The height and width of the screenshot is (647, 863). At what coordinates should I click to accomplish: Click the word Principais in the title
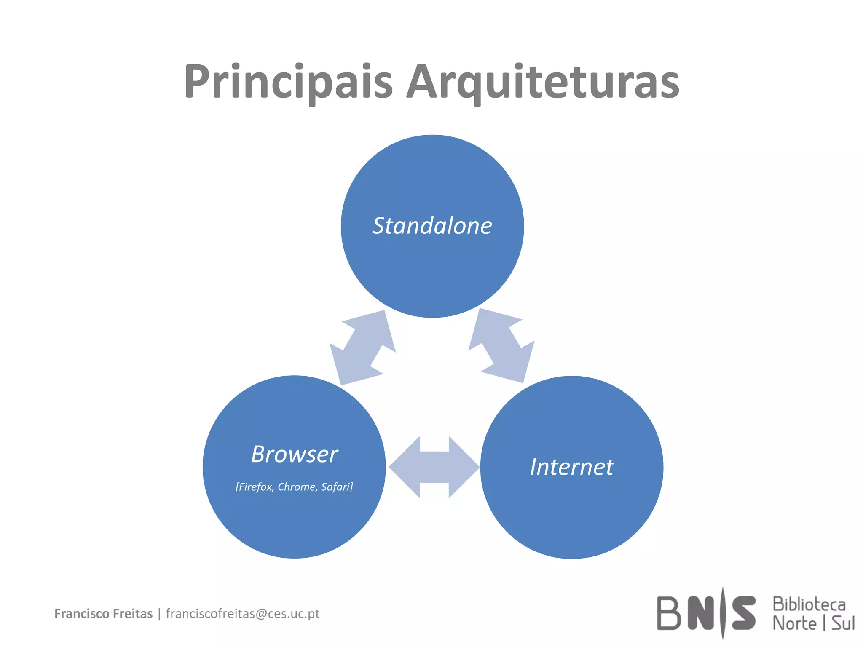click(x=288, y=82)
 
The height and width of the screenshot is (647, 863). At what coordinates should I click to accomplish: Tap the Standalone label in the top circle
click(x=432, y=226)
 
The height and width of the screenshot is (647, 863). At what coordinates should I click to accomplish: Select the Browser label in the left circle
click(x=294, y=454)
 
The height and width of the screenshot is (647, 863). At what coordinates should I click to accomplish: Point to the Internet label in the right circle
click(x=572, y=467)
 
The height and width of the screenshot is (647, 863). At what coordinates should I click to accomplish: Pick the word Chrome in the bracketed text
click(x=297, y=487)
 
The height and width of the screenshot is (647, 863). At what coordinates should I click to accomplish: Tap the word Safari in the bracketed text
click(x=337, y=487)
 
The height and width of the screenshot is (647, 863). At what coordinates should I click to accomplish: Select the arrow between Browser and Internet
click(x=434, y=467)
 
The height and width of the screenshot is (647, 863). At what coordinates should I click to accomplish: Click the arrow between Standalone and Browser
click(x=363, y=347)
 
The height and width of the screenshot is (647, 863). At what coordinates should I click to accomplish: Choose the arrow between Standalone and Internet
click(x=501, y=345)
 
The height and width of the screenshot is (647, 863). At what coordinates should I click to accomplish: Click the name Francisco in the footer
click(x=80, y=614)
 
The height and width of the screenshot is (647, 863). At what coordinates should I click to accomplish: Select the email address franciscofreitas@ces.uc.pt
click(x=243, y=614)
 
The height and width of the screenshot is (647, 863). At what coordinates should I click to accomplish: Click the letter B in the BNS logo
click(x=669, y=613)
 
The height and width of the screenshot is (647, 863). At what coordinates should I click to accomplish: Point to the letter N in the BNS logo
click(x=702, y=613)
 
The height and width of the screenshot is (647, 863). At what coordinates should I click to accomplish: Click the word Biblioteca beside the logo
click(x=809, y=604)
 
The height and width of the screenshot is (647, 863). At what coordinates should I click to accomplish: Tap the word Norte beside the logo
click(x=794, y=623)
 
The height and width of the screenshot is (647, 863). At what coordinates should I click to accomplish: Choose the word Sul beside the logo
click(x=843, y=623)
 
